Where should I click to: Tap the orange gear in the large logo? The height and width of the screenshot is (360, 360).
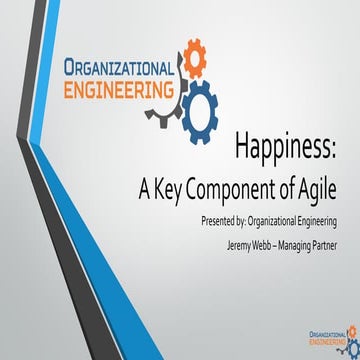coord(194,59)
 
